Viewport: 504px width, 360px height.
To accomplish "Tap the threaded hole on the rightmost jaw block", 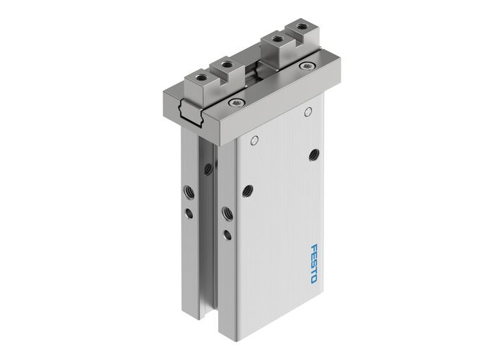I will (298, 30).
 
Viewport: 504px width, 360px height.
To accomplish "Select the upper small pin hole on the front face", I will (307, 112).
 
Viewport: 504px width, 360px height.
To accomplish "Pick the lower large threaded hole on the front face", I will (248, 189).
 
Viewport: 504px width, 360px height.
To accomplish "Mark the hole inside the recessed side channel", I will (207, 169).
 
